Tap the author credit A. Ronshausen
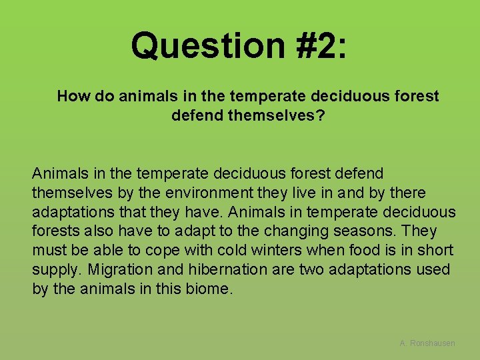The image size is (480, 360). [427, 343]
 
